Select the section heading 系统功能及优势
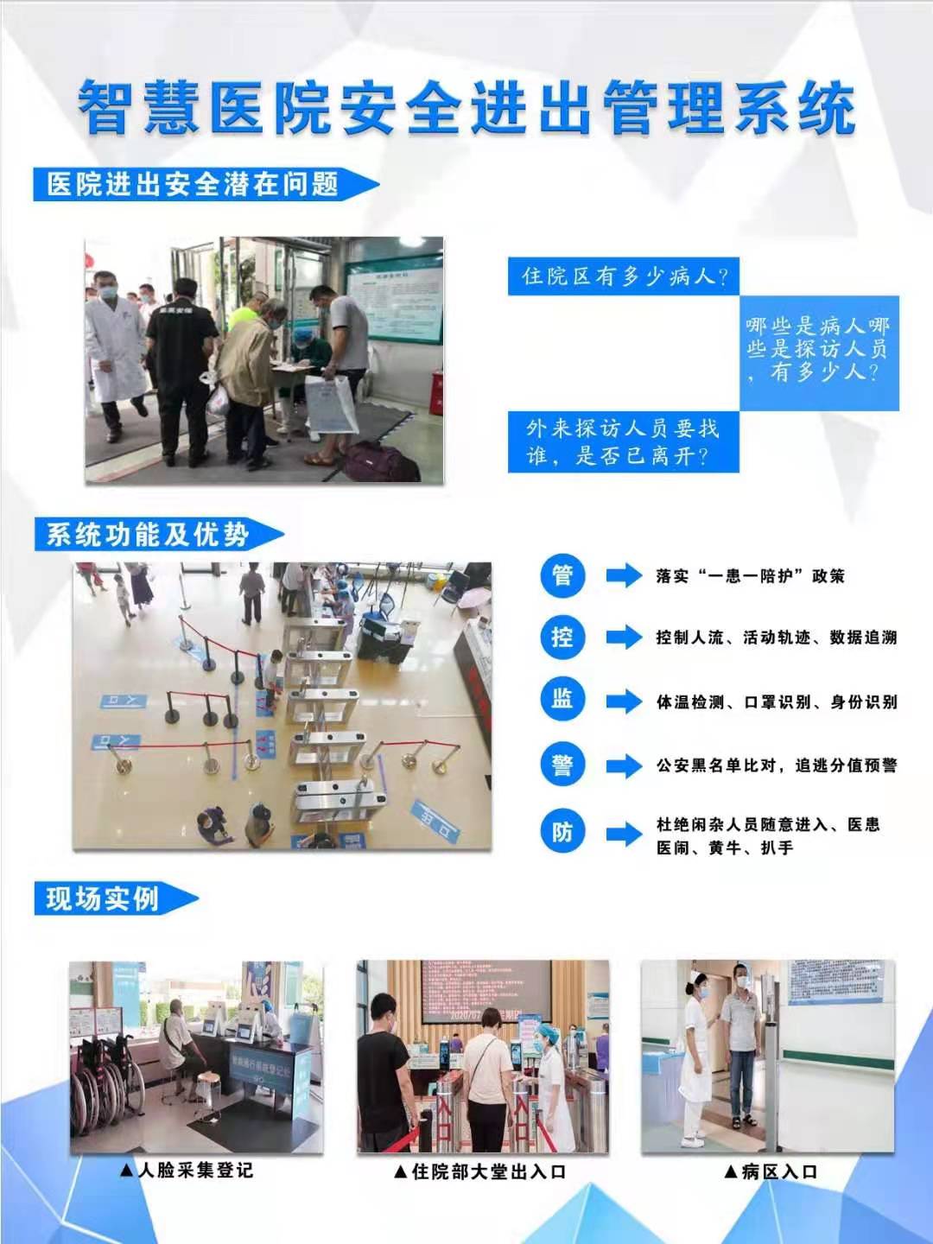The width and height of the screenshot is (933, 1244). [x=149, y=535]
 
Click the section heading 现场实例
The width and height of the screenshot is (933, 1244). [x=104, y=898]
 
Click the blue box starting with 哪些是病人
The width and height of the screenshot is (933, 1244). [x=817, y=349]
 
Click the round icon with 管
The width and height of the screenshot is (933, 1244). [x=562, y=575]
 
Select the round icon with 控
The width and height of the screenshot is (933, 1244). [x=562, y=638]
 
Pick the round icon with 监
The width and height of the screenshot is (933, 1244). [x=562, y=701]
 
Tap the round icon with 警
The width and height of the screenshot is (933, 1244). [x=562, y=765]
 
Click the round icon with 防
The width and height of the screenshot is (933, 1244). [x=562, y=832]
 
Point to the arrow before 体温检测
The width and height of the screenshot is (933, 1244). [x=624, y=701]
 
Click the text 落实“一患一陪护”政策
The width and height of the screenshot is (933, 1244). [x=750, y=576]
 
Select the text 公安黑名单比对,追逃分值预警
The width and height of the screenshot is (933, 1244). [x=776, y=765]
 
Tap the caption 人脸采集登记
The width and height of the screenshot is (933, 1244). [x=187, y=1171]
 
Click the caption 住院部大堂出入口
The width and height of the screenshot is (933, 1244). [x=480, y=1171]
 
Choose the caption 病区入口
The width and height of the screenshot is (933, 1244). [x=771, y=1171]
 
